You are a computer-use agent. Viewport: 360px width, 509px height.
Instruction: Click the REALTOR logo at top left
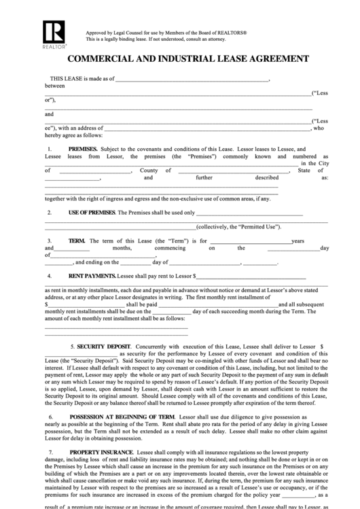(52, 34)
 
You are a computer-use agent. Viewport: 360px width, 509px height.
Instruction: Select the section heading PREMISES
(83, 149)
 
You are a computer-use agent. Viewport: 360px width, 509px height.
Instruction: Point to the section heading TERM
(77, 241)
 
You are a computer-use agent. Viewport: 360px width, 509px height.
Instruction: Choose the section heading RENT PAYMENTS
(92, 277)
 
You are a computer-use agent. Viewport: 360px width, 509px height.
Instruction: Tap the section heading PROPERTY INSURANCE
(100, 451)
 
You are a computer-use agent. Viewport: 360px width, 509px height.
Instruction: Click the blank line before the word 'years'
(249, 241)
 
